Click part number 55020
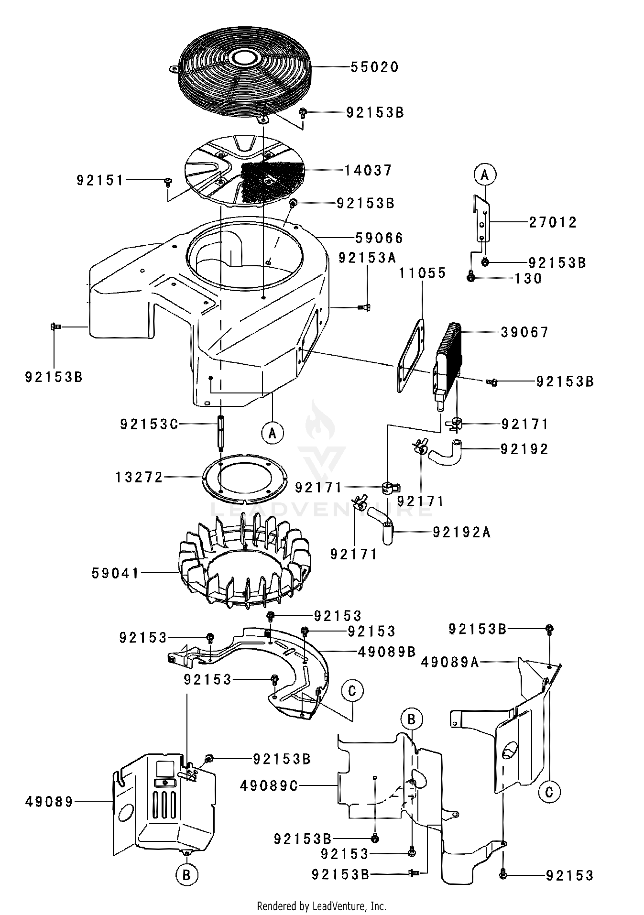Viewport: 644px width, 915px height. (x=374, y=67)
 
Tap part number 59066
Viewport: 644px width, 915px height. (x=379, y=238)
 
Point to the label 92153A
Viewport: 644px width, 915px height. (x=368, y=258)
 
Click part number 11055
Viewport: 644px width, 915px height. (x=423, y=273)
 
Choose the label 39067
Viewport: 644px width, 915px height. (x=524, y=332)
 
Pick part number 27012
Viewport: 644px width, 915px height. (x=553, y=222)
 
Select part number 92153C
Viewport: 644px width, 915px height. (x=149, y=424)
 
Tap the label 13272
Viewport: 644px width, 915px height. (x=139, y=477)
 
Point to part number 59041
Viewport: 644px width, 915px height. (x=115, y=573)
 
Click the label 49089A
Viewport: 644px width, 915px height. (x=450, y=662)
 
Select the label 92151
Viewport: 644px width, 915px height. (x=100, y=180)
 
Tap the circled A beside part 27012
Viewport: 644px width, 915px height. (x=484, y=175)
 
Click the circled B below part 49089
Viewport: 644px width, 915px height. (x=187, y=875)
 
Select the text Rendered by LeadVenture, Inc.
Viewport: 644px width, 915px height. (x=321, y=906)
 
